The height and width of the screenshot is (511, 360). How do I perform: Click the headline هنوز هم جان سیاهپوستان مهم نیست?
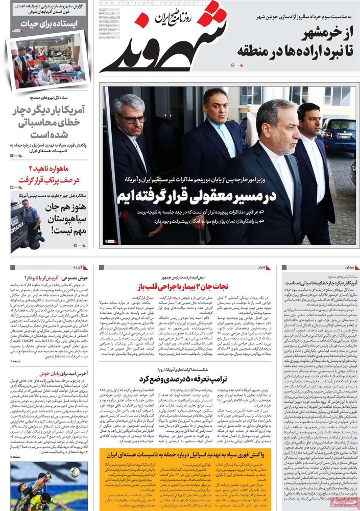(61, 214)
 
